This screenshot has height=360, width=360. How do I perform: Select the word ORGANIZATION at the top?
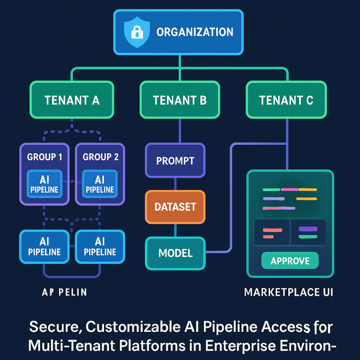pyautogui.click(x=195, y=32)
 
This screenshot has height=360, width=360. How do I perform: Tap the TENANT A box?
pyautogui.click(x=72, y=100)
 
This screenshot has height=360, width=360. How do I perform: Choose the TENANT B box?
pyautogui.click(x=180, y=100)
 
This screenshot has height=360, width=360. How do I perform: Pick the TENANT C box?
pyautogui.click(x=286, y=100)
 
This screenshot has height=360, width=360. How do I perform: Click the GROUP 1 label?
pyautogui.click(x=45, y=157)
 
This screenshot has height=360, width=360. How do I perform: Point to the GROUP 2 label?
pyautogui.click(x=100, y=157)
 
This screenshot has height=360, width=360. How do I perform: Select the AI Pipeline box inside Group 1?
pyautogui.click(x=45, y=184)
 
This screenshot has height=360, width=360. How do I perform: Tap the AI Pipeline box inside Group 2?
pyautogui.click(x=100, y=184)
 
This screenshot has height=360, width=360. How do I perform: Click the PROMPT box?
pyautogui.click(x=175, y=161)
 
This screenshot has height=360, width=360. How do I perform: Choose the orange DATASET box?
pyautogui.click(x=175, y=207)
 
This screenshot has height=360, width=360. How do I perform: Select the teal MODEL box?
pyautogui.click(x=175, y=253)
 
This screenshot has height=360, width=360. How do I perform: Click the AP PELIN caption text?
pyautogui.click(x=64, y=292)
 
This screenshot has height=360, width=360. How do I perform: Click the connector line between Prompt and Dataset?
pyautogui.click(x=175, y=184)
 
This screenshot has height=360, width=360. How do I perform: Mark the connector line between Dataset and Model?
pyautogui.click(x=175, y=230)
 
